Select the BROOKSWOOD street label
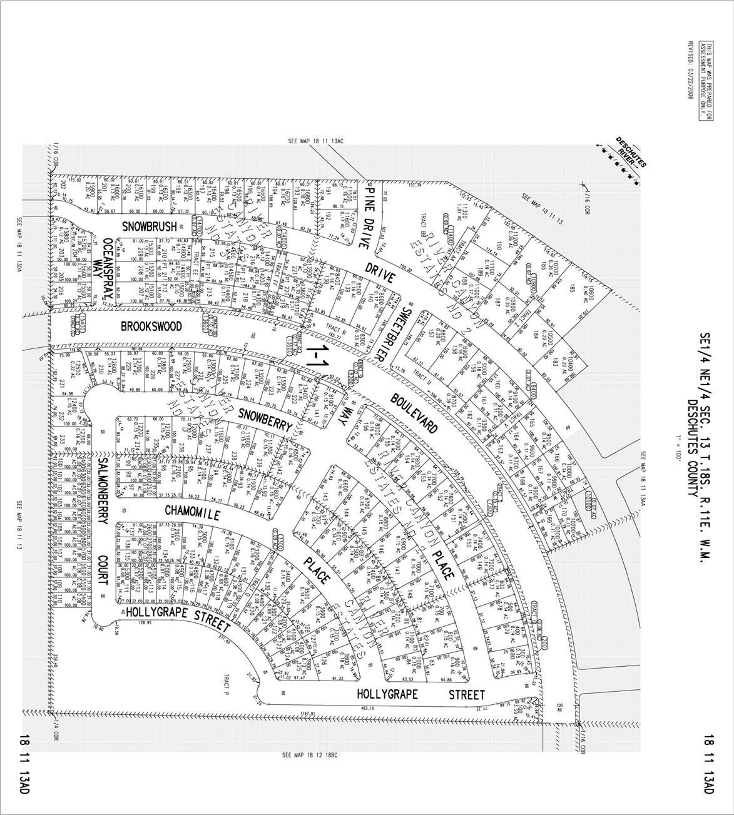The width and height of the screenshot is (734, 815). [151, 327]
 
